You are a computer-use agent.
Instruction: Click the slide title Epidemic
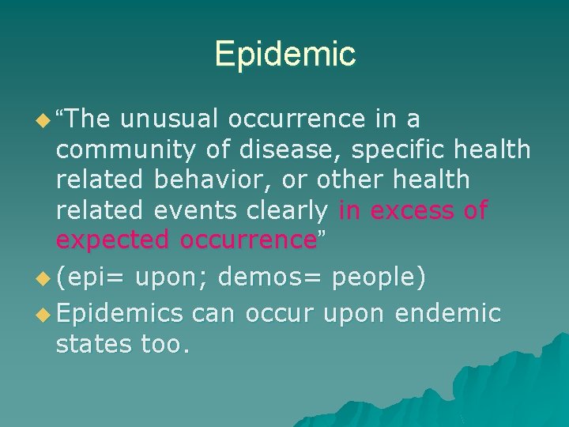tap(284, 55)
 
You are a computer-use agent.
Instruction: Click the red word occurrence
tap(248, 240)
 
